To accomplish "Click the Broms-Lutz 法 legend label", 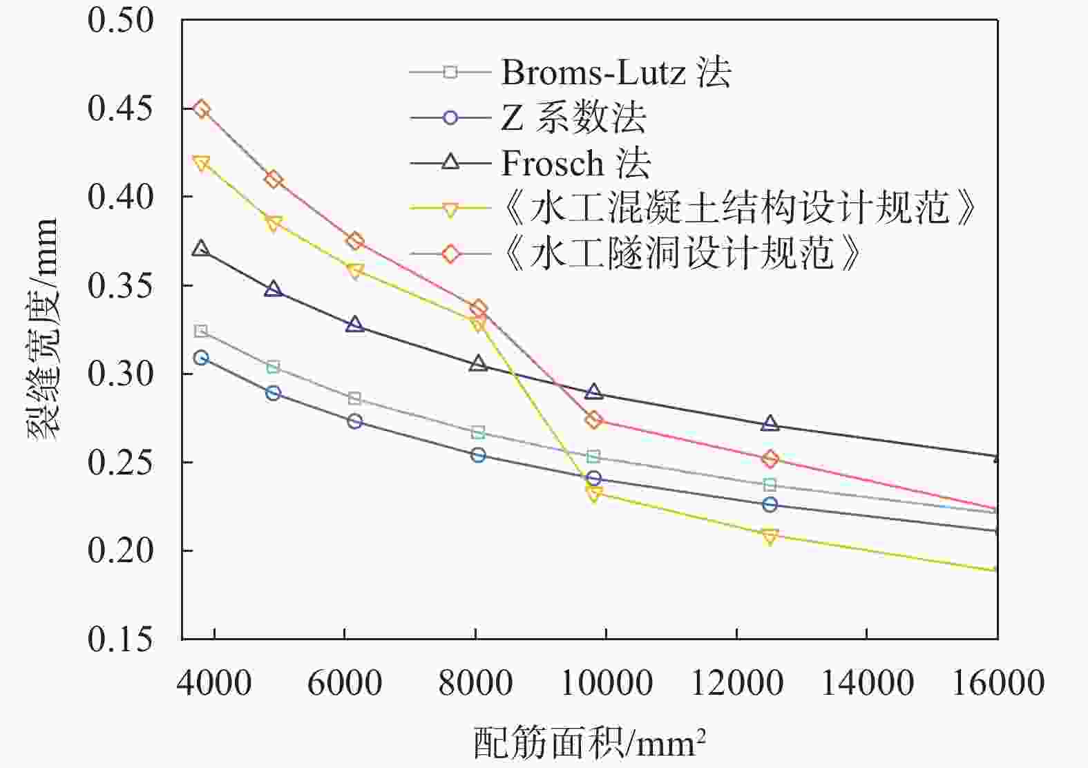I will pos(615,72).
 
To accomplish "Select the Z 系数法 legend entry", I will pos(573,117).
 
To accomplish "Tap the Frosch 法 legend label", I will pos(575,163).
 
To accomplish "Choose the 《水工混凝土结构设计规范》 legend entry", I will pos(738,208).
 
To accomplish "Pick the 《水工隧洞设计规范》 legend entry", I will pos(680,253).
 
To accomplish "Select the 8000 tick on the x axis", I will pos(475,683).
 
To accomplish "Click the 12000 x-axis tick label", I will pos(736,683).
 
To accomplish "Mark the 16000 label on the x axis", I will pos(998,683).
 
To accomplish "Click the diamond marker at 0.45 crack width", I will pos(201,109).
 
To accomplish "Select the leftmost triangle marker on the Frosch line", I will pos(200,249).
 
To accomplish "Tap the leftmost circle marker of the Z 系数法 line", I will pos(201,358).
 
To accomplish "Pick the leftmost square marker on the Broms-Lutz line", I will pos(200,331).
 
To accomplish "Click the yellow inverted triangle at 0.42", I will pos(201,164).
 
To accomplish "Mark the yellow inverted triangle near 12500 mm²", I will pos(770,537).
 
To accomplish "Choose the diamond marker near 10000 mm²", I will pos(593,420).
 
